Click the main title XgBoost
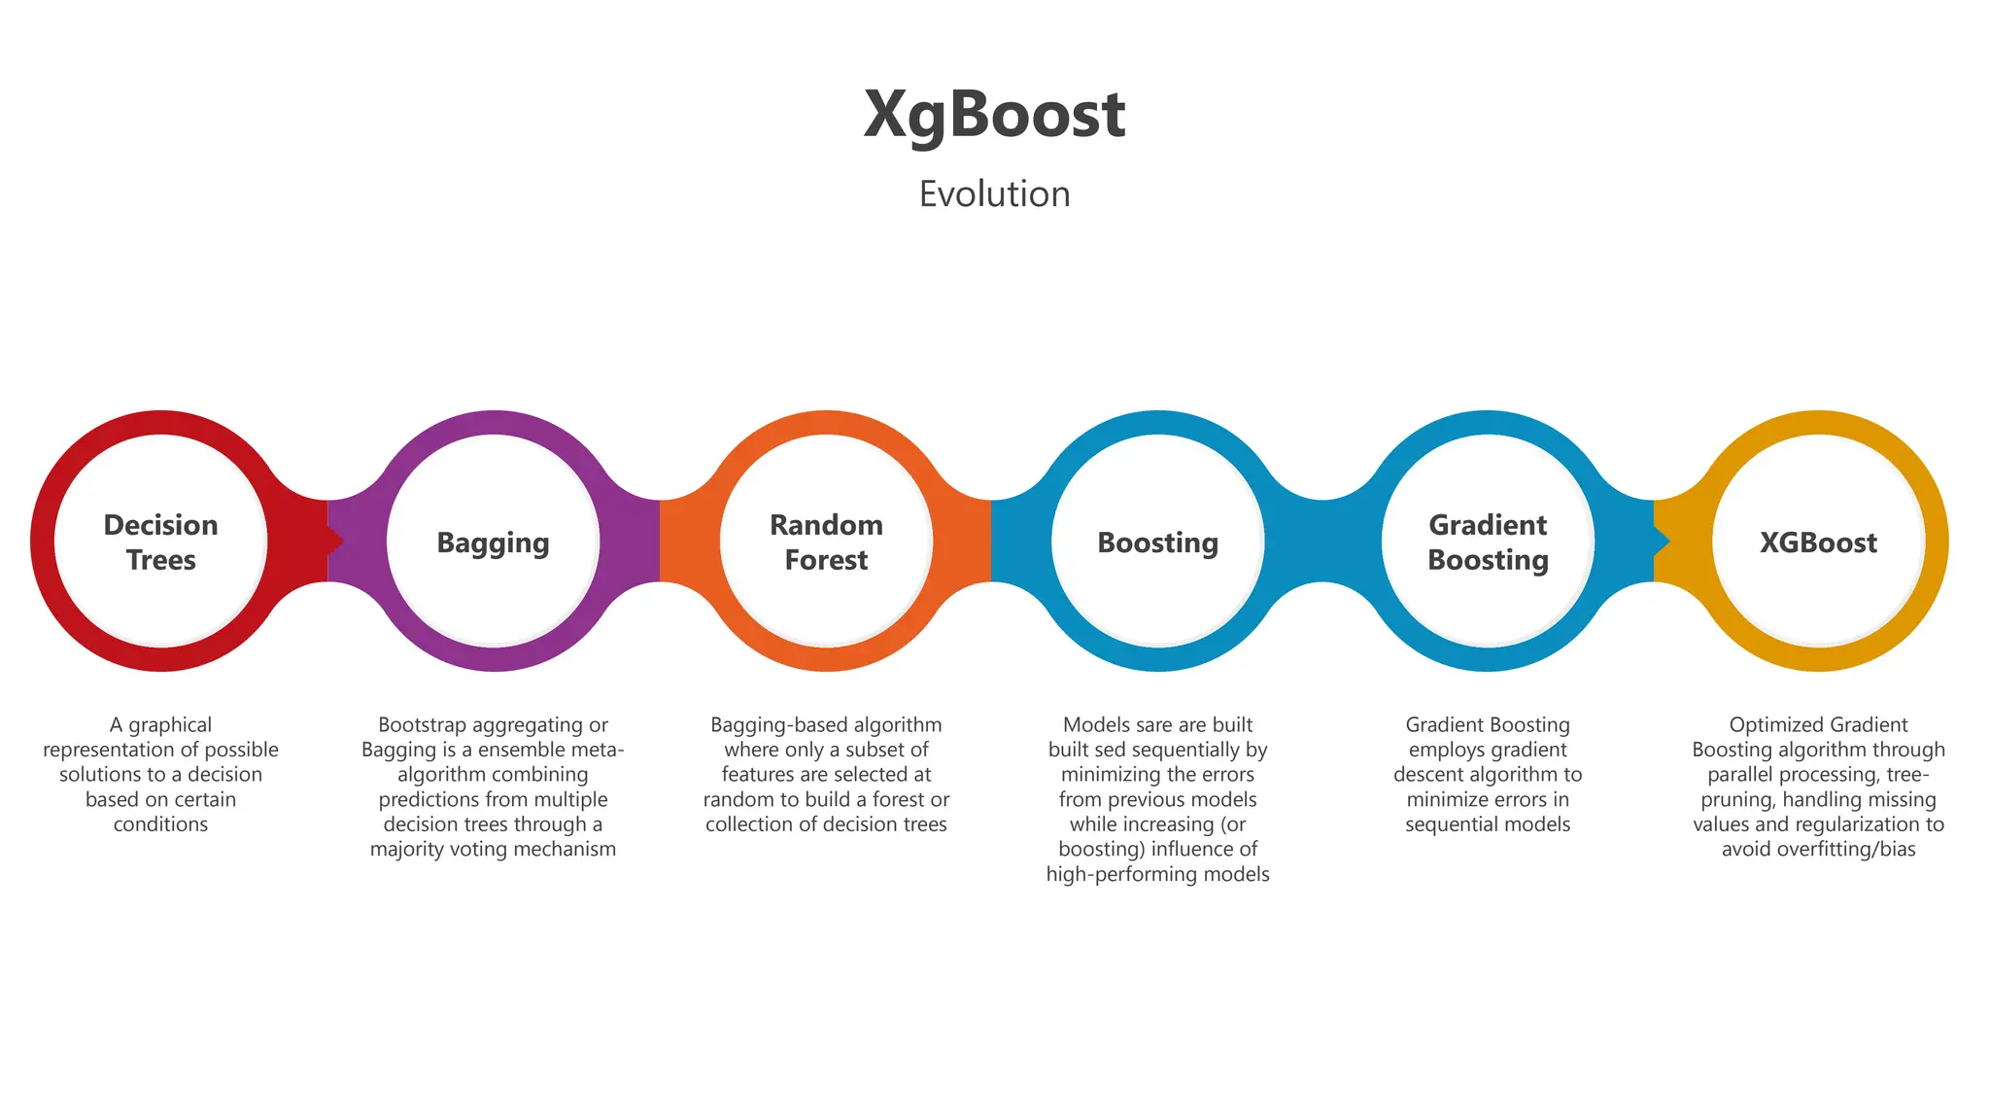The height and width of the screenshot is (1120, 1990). click(994, 115)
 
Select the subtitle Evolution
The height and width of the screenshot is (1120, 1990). click(994, 194)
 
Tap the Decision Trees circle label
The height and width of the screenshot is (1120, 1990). click(161, 542)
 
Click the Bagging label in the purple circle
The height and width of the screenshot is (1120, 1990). click(493, 542)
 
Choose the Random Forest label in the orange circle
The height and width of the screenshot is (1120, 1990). click(826, 542)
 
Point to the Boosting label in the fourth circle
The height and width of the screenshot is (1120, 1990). click(1157, 542)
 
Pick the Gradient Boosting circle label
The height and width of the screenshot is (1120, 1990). click(1488, 542)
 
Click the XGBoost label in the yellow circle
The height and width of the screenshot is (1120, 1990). click(1818, 542)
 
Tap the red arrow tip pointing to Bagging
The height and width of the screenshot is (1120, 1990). click(337, 541)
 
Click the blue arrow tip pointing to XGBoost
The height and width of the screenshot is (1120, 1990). click(1663, 541)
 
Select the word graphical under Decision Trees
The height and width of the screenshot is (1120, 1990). click(170, 725)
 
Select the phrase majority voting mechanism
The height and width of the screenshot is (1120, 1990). click(493, 850)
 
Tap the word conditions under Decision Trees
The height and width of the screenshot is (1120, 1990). click(160, 824)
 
